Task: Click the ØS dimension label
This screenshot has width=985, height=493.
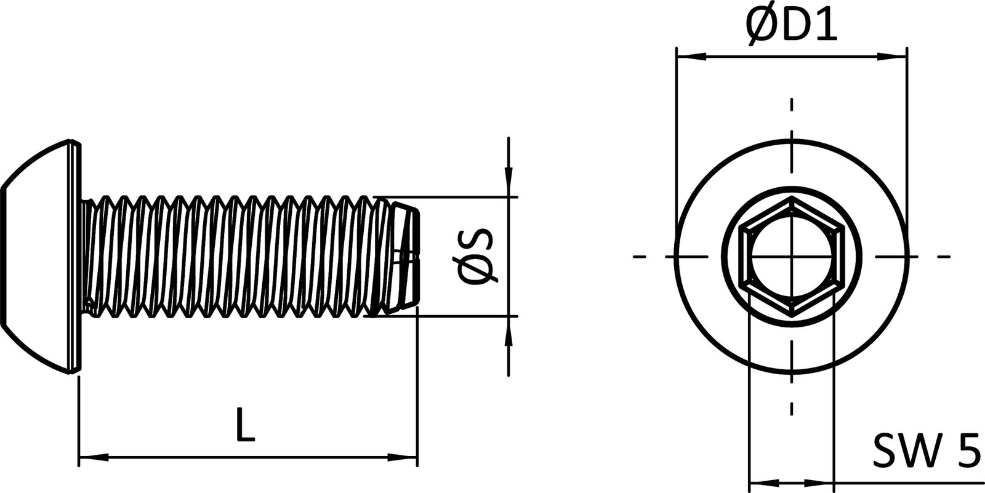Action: pos(476,257)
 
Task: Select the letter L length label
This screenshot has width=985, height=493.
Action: pos(245,423)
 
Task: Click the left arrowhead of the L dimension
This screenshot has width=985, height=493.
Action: pos(92,457)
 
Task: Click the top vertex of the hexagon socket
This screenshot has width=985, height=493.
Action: pos(792,198)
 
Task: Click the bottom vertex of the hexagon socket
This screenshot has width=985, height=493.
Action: pos(792,315)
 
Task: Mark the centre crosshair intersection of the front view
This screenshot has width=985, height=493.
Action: pos(792,256)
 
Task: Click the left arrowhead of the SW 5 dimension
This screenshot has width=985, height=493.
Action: pos(763,483)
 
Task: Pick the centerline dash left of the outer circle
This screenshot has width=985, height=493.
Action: pos(640,256)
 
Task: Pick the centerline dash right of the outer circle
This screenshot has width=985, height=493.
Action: pos(944,256)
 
